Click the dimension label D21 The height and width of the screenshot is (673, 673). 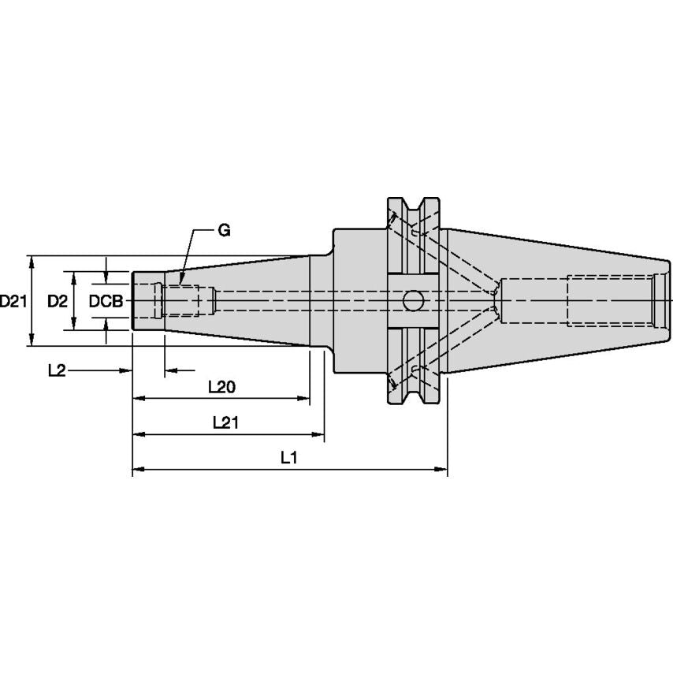click(13, 301)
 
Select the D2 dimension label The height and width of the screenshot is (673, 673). click(56, 301)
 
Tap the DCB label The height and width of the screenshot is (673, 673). click(106, 301)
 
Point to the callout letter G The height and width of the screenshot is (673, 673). click(224, 231)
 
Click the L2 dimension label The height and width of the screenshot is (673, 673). click(57, 370)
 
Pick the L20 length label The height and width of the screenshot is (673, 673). click(221, 387)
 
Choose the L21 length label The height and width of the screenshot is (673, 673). click(226, 423)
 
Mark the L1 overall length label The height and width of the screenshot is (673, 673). click(288, 458)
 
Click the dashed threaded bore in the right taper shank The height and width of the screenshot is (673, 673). click(611, 300)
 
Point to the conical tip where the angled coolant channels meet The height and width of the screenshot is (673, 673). click(496, 300)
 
